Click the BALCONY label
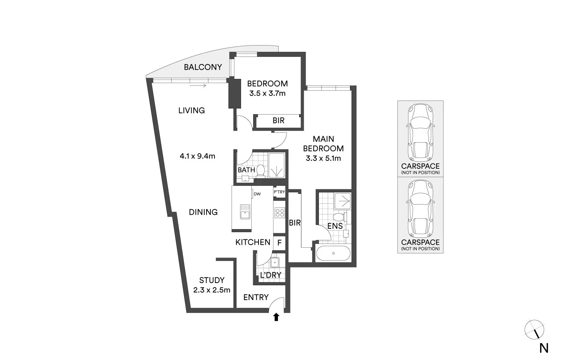point(203,67)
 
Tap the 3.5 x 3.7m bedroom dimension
point(267,93)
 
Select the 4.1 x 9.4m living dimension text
point(197,156)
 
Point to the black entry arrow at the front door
point(276,317)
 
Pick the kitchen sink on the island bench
point(245,212)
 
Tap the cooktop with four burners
point(280,213)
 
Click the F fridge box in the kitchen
point(279,243)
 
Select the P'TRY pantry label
point(279,192)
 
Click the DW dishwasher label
point(257,194)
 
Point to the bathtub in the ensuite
point(333,253)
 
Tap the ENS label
point(335,226)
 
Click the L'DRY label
point(270,275)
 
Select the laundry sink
point(275,262)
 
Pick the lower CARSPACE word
point(420,242)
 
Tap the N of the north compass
point(544,348)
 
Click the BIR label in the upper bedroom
point(278,121)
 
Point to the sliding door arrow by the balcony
point(198,86)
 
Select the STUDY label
point(212,280)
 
